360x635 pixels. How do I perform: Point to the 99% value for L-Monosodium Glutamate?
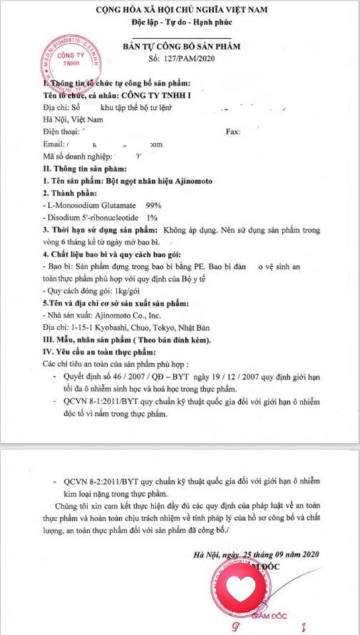tap(154, 205)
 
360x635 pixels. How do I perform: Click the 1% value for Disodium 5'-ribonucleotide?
tap(152, 217)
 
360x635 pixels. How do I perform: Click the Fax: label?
tap(233, 132)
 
